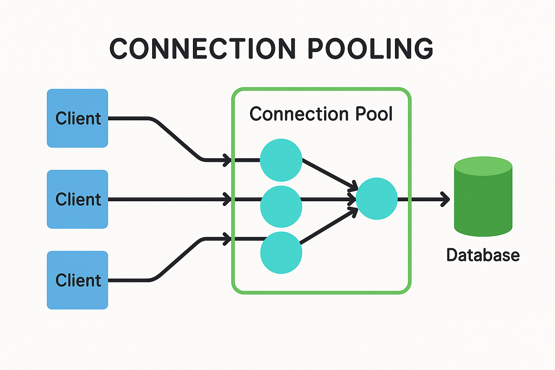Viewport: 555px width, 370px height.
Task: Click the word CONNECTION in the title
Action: coord(202,49)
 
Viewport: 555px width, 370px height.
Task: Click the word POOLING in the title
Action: coord(370,49)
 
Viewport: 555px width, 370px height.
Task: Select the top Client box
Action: coord(77,118)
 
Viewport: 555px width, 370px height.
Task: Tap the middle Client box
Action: coord(77,199)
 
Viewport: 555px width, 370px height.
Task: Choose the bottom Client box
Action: coord(77,280)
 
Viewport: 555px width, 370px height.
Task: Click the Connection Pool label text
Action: coord(321,114)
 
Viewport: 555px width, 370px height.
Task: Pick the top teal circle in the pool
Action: coord(281,160)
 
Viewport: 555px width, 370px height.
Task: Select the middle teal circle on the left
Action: coord(281,206)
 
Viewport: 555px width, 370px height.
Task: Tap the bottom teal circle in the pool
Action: coord(281,253)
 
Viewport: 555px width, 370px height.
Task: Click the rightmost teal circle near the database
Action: coord(377,198)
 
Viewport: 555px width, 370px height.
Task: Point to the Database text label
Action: coord(483,255)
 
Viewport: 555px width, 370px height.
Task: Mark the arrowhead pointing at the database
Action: coord(446,199)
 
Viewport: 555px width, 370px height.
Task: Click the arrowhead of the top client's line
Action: coord(227,159)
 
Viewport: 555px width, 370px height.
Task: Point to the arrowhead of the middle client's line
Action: coord(227,199)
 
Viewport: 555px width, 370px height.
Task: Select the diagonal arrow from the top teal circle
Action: coord(329,173)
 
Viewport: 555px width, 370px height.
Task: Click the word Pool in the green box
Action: coord(374,114)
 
